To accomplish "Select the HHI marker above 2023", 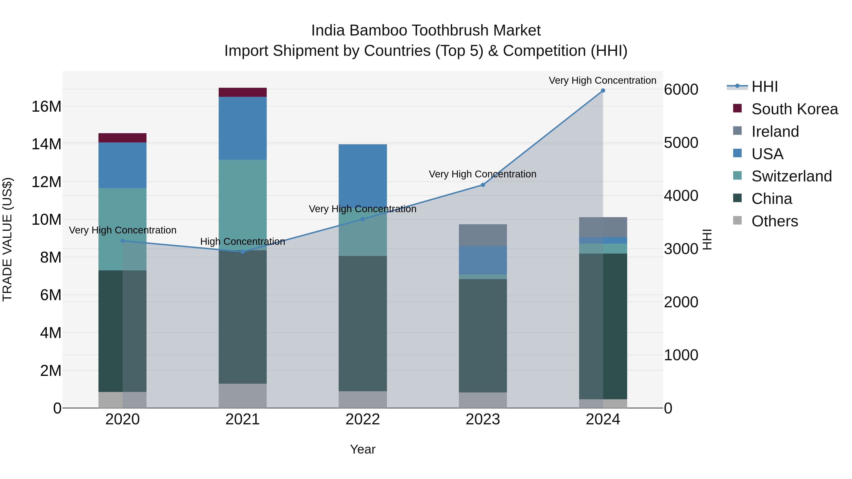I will tap(483, 185).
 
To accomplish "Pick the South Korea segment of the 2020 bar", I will tap(122, 138).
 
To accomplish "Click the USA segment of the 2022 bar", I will tap(363, 175).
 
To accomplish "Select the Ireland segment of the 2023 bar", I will tap(483, 235).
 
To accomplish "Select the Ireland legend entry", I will tap(775, 132).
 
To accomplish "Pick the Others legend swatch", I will tap(737, 220).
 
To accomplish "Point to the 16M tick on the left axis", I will tap(46, 106).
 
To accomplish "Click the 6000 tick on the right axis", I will tap(681, 90).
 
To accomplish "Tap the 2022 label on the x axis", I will tap(363, 419).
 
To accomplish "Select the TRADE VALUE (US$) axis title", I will tap(8, 239).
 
